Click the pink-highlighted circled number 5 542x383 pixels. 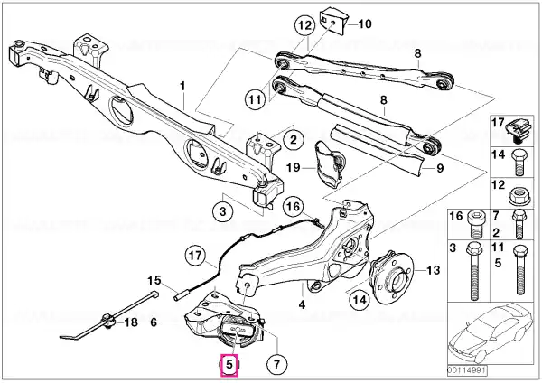[229, 364]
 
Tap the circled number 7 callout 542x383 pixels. [277, 364]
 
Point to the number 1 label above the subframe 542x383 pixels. [182, 86]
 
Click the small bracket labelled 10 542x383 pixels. [332, 22]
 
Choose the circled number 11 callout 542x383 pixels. [256, 99]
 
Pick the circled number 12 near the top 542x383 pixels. [305, 25]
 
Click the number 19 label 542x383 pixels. [294, 168]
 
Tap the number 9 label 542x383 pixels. [440, 168]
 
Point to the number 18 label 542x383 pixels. [131, 322]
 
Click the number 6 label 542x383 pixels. [154, 322]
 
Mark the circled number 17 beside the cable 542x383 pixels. [195, 256]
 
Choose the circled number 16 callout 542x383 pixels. [293, 207]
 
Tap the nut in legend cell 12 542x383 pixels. [519, 196]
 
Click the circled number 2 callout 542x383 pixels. [294, 140]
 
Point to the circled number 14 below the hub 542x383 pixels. [360, 300]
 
